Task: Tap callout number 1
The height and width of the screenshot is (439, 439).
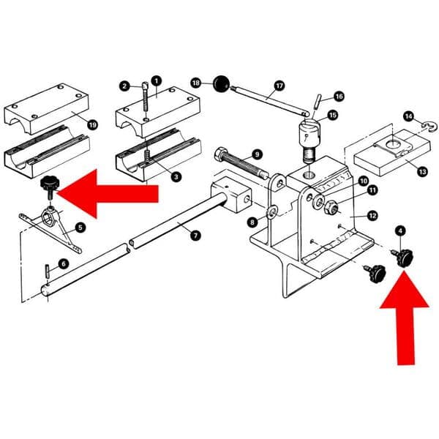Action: tap(155, 80)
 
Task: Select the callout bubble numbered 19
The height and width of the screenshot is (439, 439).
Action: tap(92, 125)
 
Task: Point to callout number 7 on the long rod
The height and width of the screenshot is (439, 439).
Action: tap(194, 235)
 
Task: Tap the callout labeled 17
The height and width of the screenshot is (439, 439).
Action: tap(279, 86)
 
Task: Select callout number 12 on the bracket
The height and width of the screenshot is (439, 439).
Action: tap(372, 215)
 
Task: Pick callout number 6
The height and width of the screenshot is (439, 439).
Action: tap(63, 263)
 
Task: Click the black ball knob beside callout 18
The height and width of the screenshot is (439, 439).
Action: tap(221, 83)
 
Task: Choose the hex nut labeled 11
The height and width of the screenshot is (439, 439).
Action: tap(329, 206)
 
